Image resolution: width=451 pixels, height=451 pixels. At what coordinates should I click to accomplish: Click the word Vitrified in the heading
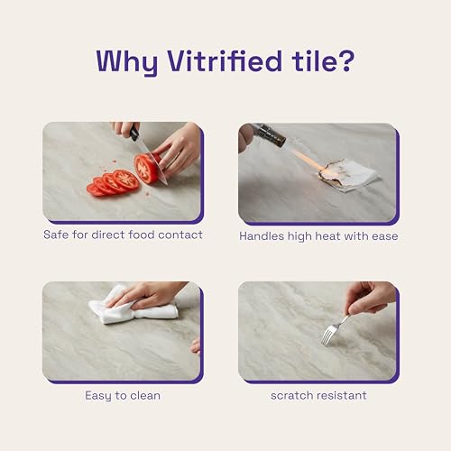[x=225, y=61]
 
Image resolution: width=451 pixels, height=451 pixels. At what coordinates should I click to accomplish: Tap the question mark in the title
[x=346, y=61]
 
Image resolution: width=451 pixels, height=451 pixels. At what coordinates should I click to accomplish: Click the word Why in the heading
[x=127, y=64]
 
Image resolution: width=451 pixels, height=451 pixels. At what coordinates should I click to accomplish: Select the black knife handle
[x=133, y=133]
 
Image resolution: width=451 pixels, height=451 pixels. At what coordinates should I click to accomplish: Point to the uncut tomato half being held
[x=147, y=169]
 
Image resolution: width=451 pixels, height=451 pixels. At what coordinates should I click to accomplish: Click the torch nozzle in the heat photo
[x=272, y=136]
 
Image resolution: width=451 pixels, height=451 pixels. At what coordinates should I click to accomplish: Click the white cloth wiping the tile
[x=133, y=307]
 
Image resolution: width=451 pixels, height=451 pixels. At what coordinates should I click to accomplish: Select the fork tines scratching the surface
[x=327, y=337]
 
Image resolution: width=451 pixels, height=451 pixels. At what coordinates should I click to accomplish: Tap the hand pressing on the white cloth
[x=147, y=296]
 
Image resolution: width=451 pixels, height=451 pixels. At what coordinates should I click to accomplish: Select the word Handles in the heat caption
[x=262, y=236]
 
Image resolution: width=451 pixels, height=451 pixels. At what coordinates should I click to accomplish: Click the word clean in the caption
[x=145, y=395]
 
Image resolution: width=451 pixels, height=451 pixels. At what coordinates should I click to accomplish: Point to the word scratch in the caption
[x=290, y=395]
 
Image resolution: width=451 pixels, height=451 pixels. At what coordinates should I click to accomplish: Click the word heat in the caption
[x=328, y=236]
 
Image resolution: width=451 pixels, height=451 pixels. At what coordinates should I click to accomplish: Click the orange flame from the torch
[x=308, y=160]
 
